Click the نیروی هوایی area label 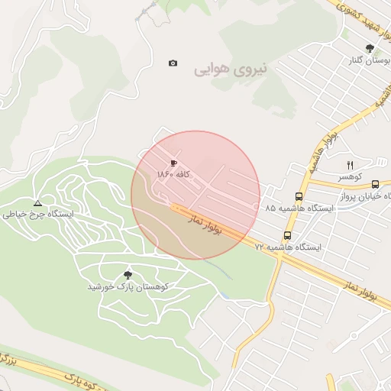(231, 69)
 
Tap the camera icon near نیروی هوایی (173, 63)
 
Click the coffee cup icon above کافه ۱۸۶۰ (173, 163)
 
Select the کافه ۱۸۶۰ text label (173, 175)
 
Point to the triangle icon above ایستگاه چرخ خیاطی (37, 202)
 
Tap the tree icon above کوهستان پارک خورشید (128, 274)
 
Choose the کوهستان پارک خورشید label (128, 287)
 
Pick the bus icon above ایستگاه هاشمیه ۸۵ (298, 195)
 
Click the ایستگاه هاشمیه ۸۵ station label (294, 208)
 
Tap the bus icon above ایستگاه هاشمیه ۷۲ (287, 235)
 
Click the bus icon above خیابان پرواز (375, 184)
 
